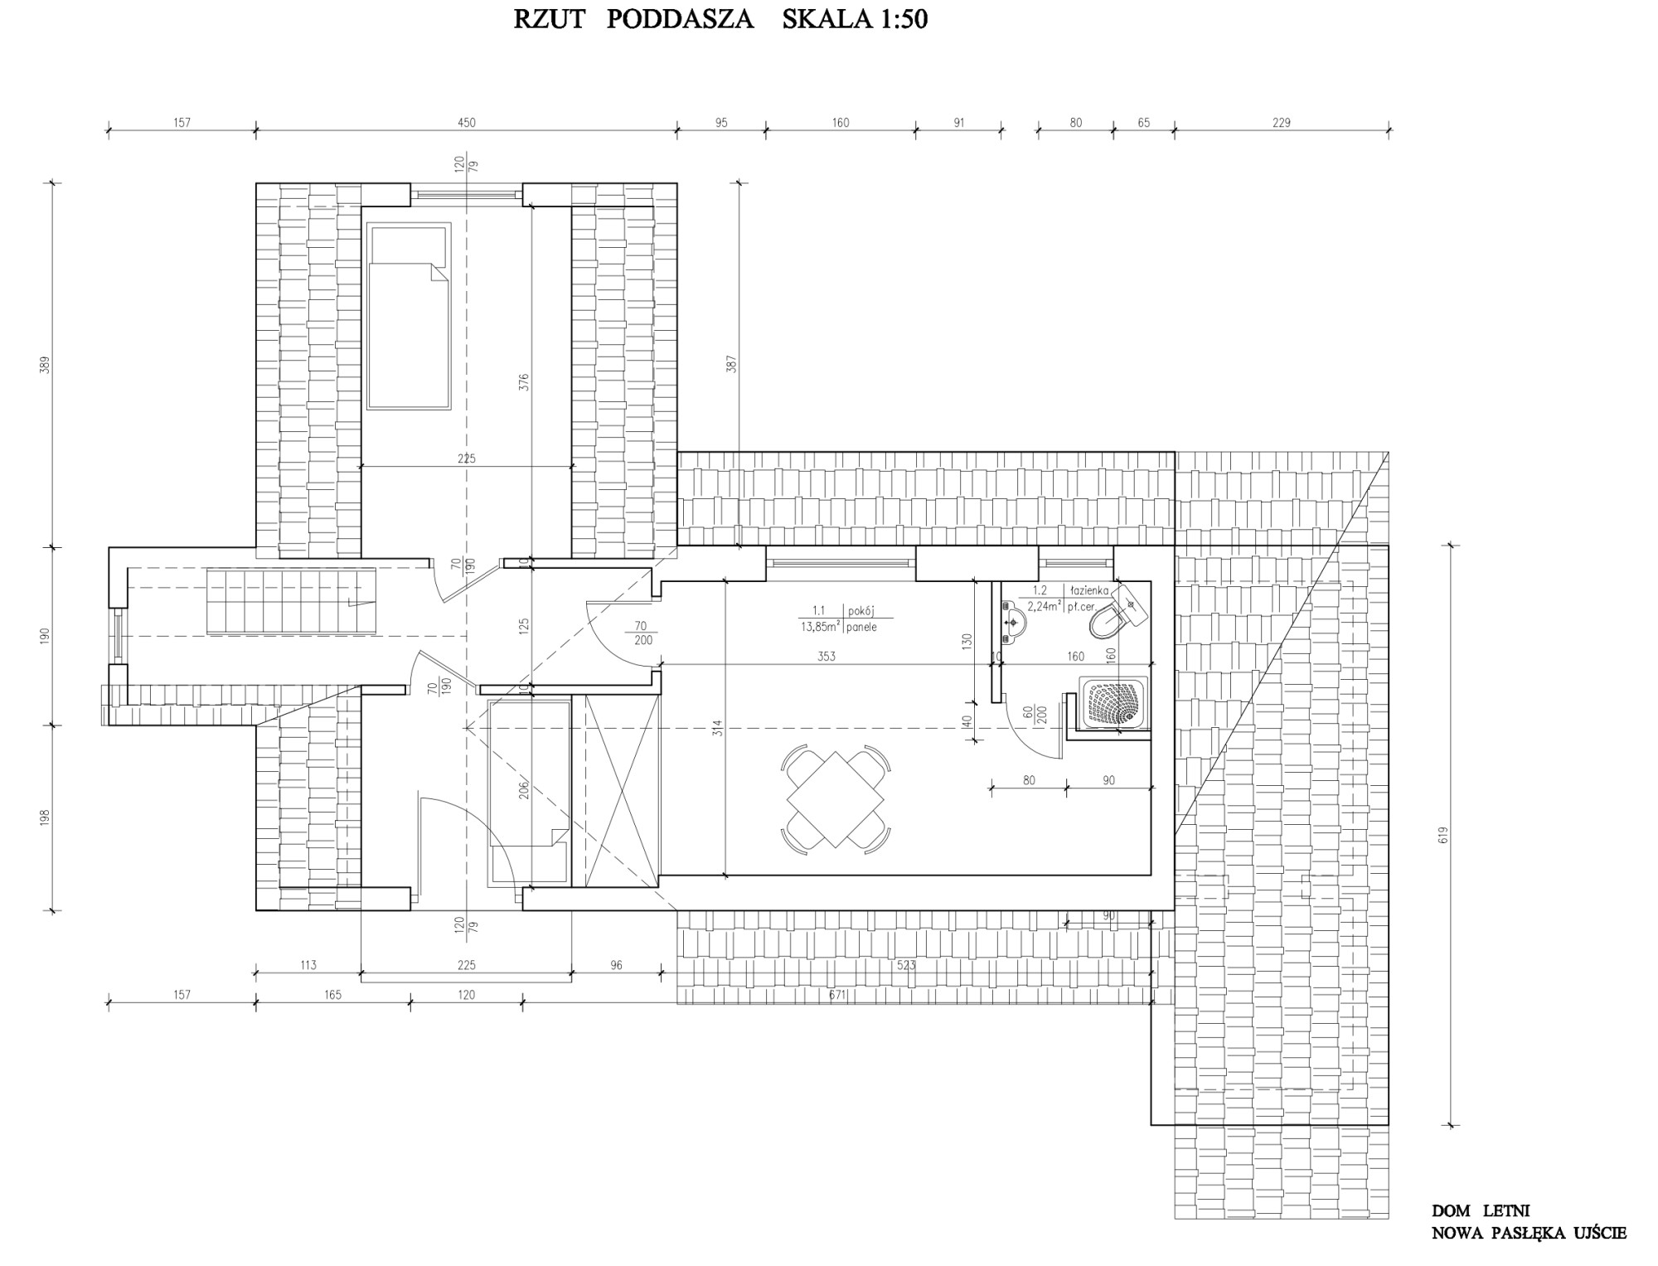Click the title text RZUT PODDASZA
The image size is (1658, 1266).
click(x=633, y=20)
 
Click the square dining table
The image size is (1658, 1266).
click(x=836, y=800)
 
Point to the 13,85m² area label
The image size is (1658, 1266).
click(x=820, y=628)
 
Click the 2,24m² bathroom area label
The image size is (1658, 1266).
click(x=1044, y=606)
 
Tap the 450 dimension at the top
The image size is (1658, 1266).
click(x=467, y=123)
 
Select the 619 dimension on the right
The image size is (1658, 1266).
click(x=1443, y=836)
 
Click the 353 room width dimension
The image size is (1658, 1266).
click(x=826, y=656)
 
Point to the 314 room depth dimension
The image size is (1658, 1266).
click(x=718, y=728)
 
